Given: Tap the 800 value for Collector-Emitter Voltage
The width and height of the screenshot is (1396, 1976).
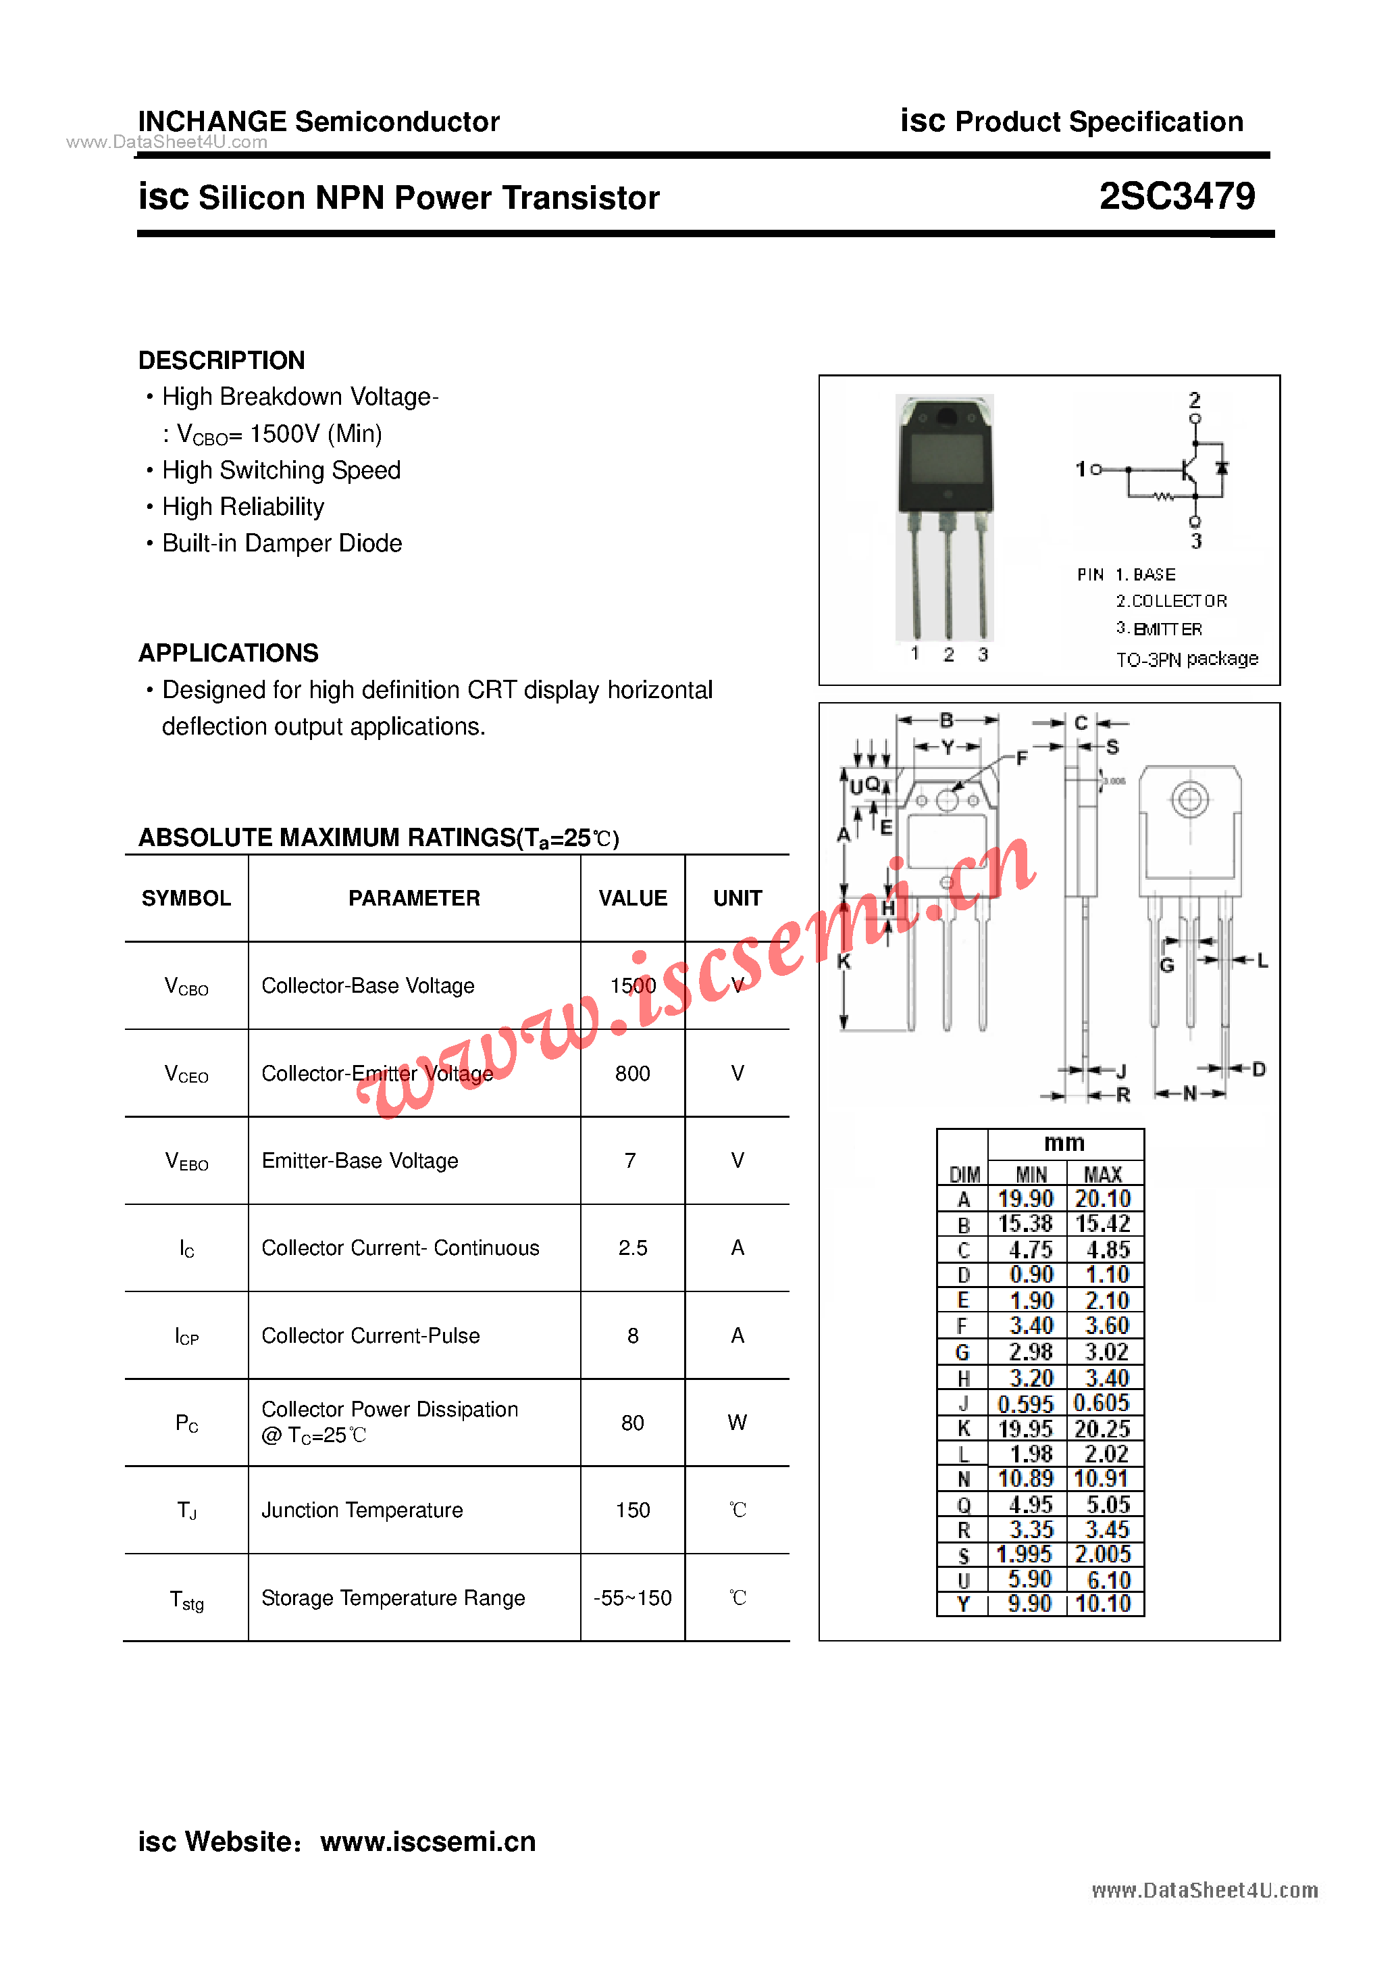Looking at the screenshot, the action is pyautogui.click(x=632, y=1073).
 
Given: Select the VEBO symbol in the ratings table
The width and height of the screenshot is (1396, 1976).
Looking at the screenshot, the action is pyautogui.click(x=186, y=1162).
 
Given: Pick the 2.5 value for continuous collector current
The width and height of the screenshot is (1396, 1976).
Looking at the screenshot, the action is pyautogui.click(x=632, y=1248).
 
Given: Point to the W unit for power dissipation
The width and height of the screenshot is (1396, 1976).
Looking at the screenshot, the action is pyautogui.click(x=737, y=1423).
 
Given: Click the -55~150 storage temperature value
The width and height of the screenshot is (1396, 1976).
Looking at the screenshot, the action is pyautogui.click(x=632, y=1598).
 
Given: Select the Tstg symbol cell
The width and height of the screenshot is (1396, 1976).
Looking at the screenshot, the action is pyautogui.click(x=186, y=1600).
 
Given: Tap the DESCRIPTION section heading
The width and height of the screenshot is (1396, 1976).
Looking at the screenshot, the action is pyautogui.click(x=222, y=360).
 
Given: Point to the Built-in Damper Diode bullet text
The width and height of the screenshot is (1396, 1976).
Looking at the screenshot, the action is pyautogui.click(x=282, y=543).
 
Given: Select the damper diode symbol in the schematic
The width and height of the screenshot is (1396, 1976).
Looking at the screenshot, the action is pyautogui.click(x=1221, y=468).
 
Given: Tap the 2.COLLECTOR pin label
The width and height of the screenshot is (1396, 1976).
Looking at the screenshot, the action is pyautogui.click(x=1172, y=601).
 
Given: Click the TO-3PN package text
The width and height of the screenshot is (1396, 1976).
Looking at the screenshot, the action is pyautogui.click(x=1187, y=660).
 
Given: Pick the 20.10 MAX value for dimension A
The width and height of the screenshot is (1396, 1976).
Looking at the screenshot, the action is pyautogui.click(x=1103, y=1199).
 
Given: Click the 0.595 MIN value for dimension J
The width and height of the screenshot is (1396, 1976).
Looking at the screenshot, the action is pyautogui.click(x=1025, y=1404).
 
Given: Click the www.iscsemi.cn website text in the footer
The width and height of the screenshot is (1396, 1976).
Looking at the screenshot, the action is pyautogui.click(x=428, y=1841).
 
